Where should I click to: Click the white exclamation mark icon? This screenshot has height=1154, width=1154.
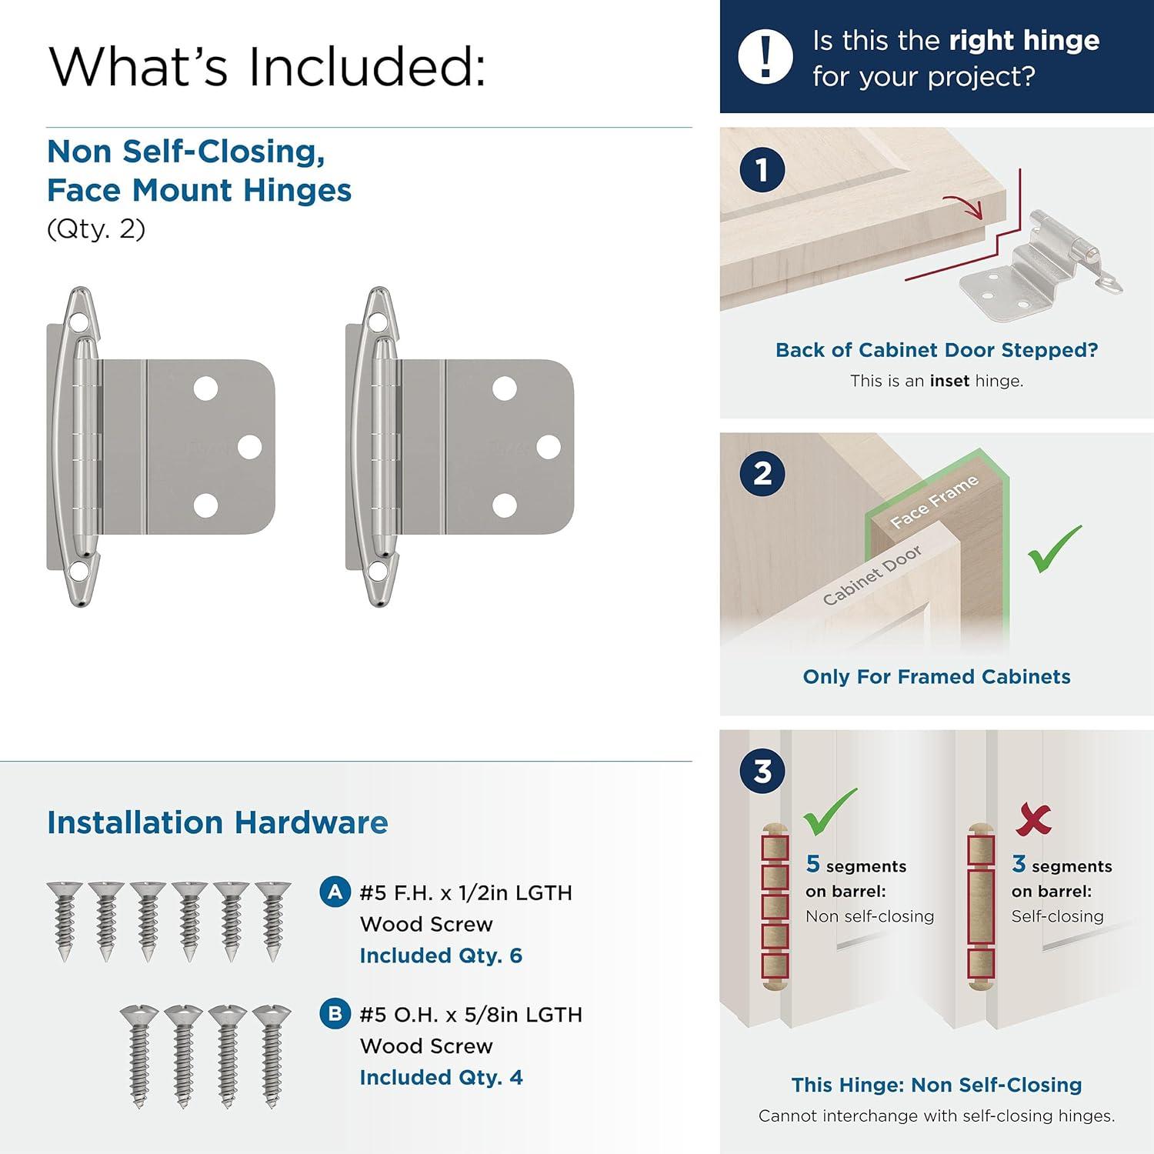coord(765,56)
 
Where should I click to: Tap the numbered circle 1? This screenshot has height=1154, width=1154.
coord(762,170)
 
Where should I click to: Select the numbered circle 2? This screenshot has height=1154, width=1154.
coord(762,472)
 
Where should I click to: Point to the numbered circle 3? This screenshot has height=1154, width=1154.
coord(762,771)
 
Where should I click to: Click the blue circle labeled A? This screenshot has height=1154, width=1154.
coord(335,892)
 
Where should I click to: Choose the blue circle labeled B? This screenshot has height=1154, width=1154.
coord(335,1014)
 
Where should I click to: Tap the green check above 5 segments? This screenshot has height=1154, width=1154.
coord(829,812)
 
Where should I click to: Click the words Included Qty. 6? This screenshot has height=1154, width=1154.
coord(441,956)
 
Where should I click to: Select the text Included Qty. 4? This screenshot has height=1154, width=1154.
coord(441,1077)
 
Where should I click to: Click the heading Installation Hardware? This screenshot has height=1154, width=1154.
coord(217,822)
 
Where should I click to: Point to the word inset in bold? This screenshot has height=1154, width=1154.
coord(949,381)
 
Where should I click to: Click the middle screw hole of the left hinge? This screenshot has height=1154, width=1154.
coord(249,447)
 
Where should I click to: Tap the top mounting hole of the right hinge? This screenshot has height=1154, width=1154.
coord(504,389)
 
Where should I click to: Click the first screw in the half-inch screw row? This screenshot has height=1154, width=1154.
coord(64,919)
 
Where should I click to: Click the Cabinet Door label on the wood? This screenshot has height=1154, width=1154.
coord(872,575)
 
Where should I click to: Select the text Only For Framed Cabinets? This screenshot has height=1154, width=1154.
coord(936,677)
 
